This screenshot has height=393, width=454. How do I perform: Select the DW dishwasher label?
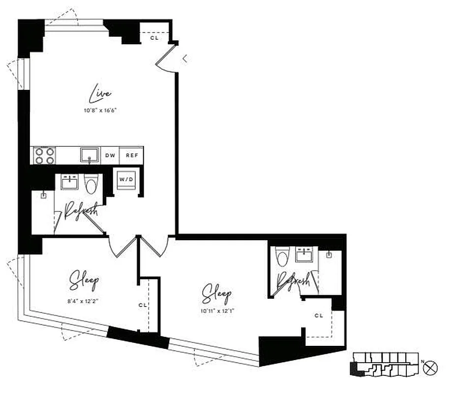110,156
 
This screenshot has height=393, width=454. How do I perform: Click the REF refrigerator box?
131,156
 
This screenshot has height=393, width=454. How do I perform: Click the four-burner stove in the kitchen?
44,156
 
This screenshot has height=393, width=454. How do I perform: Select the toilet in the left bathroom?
91,184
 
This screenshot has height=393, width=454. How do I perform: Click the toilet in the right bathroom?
281,256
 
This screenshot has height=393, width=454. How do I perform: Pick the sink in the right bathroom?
303,254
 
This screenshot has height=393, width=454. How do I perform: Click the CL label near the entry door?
154,38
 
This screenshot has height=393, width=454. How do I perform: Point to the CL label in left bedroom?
143,305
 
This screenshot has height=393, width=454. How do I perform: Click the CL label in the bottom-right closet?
319,316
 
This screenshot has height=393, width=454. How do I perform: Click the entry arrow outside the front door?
185,59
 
